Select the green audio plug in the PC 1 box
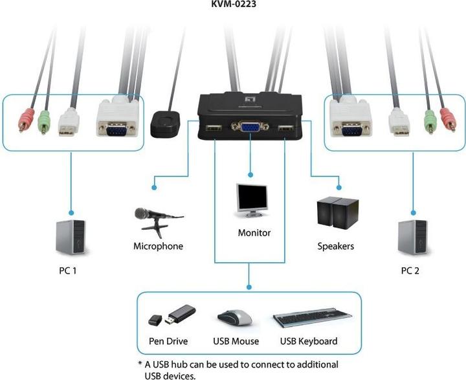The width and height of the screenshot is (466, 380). tap(43, 120)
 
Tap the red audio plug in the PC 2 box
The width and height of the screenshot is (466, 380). tap(447, 119)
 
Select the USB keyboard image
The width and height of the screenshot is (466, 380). tap(312, 319)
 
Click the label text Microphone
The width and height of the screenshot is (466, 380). tap(158, 246)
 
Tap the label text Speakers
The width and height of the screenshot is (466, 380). tap(335, 246)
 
